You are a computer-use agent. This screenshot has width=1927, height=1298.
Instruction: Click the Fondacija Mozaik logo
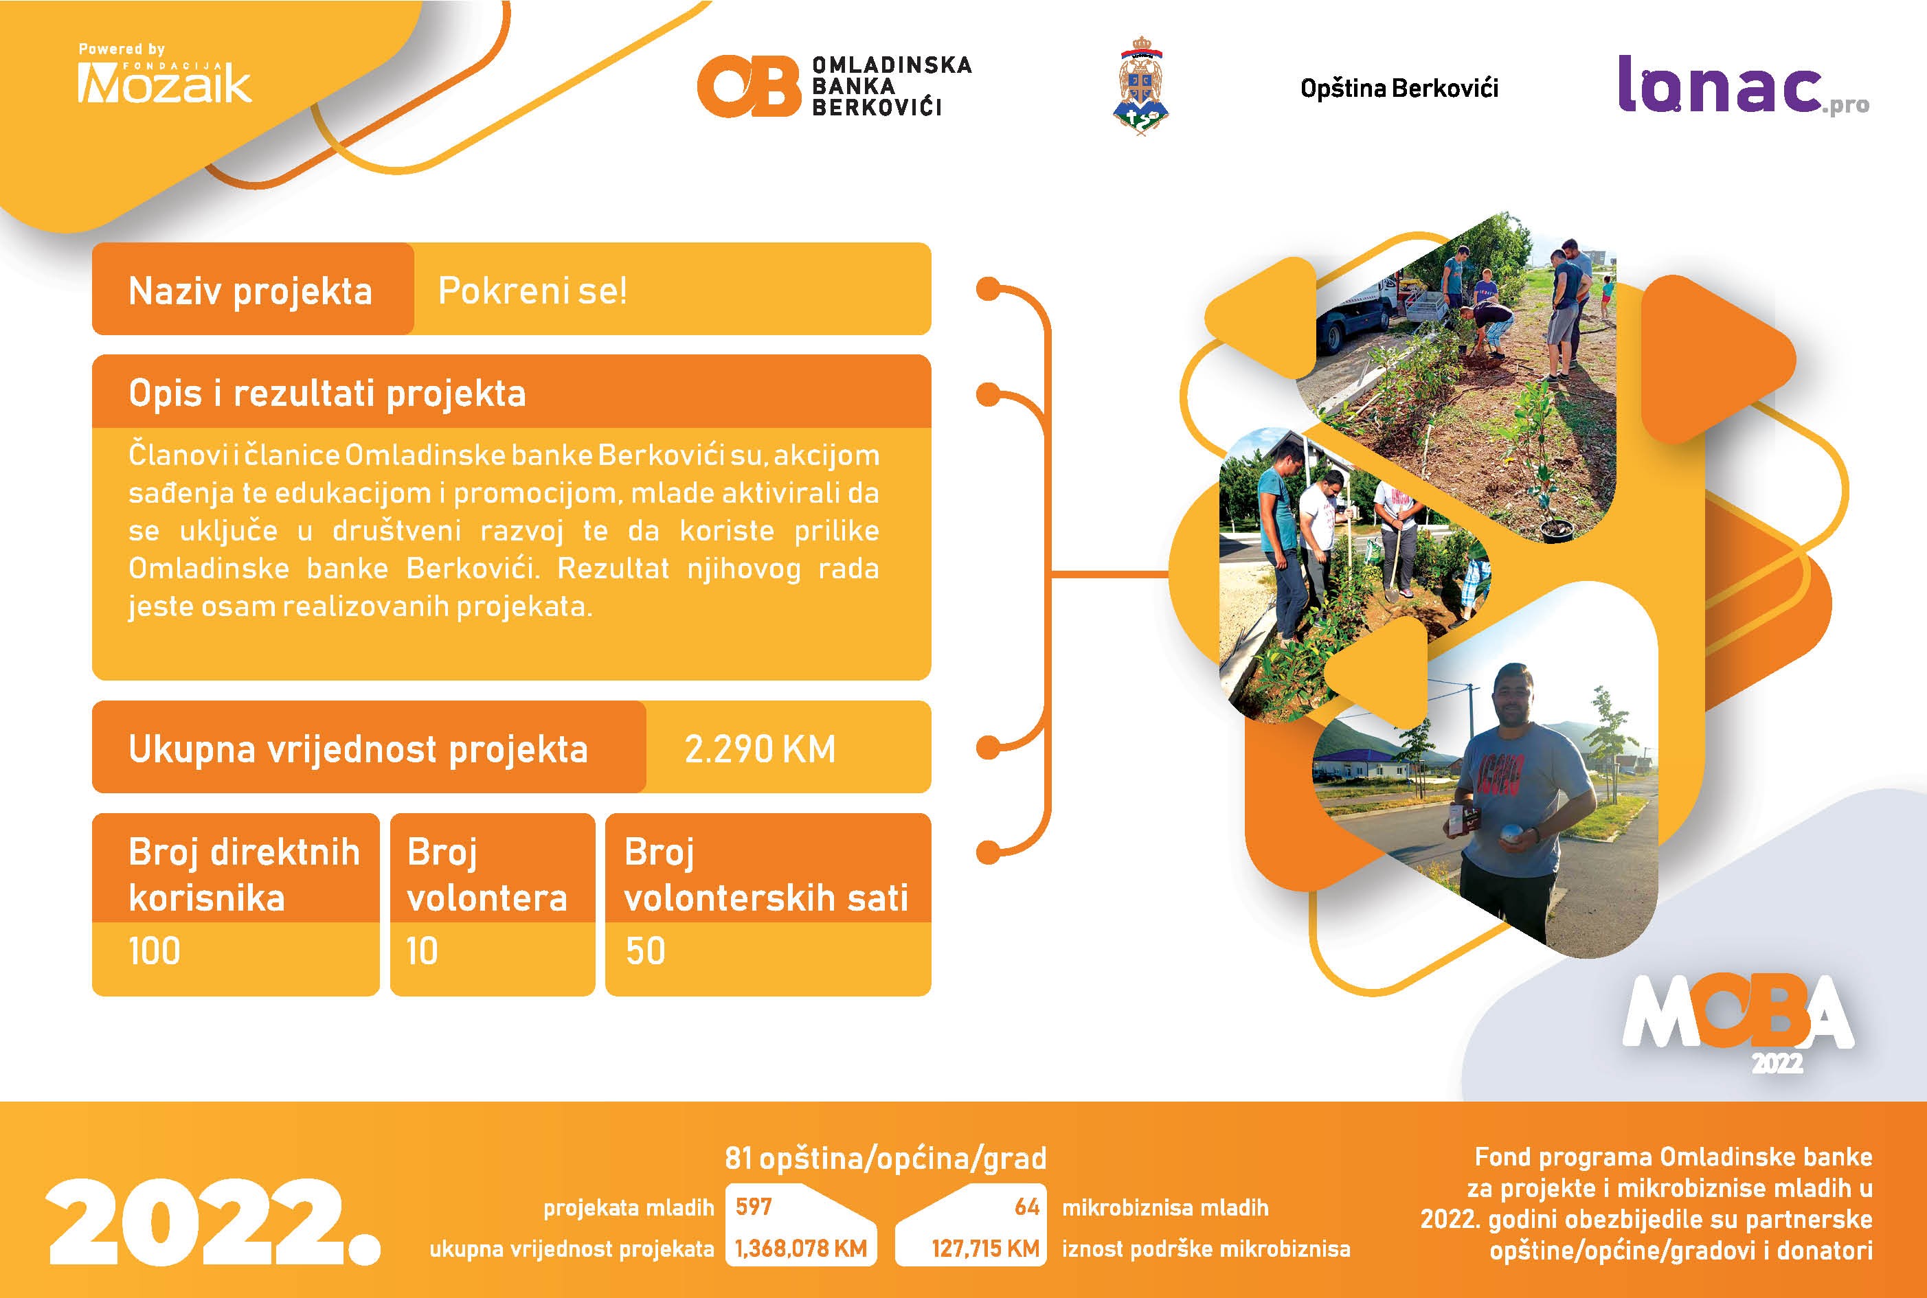[164, 73]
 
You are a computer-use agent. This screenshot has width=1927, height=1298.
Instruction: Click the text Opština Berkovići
[1399, 88]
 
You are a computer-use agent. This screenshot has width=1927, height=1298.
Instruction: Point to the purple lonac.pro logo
[1743, 84]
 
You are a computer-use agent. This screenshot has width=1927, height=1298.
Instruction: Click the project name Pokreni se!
[532, 291]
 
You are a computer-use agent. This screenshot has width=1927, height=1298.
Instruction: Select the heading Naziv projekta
[250, 291]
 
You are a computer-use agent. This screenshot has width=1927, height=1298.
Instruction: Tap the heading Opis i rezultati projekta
[327, 394]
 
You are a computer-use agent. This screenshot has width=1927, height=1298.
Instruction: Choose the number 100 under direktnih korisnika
[154, 951]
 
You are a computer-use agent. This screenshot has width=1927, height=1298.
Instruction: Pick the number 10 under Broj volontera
[422, 951]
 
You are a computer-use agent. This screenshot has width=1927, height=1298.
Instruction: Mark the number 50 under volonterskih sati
[645, 951]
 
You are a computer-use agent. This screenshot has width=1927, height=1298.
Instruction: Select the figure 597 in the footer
[754, 1207]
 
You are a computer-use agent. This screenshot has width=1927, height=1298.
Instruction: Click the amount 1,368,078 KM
[801, 1249]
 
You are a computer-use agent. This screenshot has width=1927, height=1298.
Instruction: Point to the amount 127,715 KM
[984, 1249]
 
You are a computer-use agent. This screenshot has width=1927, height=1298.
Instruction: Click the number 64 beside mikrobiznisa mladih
[1027, 1207]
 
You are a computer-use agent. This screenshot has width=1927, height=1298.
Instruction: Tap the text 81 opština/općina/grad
[886, 1158]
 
